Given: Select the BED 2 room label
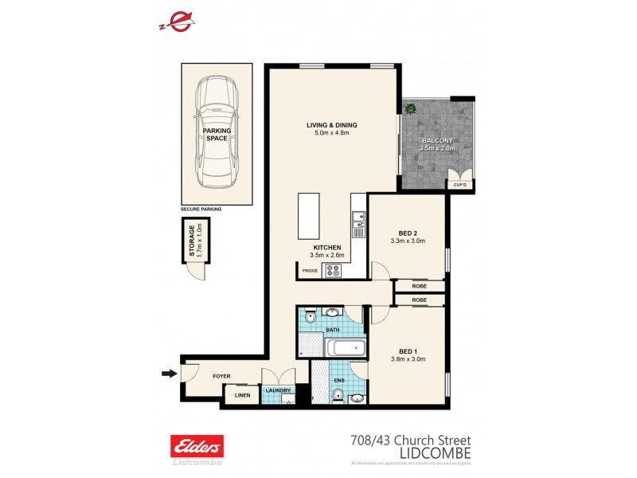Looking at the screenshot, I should point(407,233).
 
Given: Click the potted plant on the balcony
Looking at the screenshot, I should point(412,108).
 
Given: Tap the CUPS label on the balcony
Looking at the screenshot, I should point(459,185).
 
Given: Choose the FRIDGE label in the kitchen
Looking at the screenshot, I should point(310,272).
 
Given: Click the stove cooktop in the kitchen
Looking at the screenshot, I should point(332,270).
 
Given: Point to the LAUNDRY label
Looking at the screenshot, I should point(278,390).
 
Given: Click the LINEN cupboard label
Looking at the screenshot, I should point(241,394).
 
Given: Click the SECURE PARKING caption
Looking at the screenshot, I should point(201,209).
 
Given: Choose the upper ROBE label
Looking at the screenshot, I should point(419,285).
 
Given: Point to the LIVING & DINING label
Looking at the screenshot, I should point(332,125).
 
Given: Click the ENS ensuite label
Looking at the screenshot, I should point(338,381).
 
